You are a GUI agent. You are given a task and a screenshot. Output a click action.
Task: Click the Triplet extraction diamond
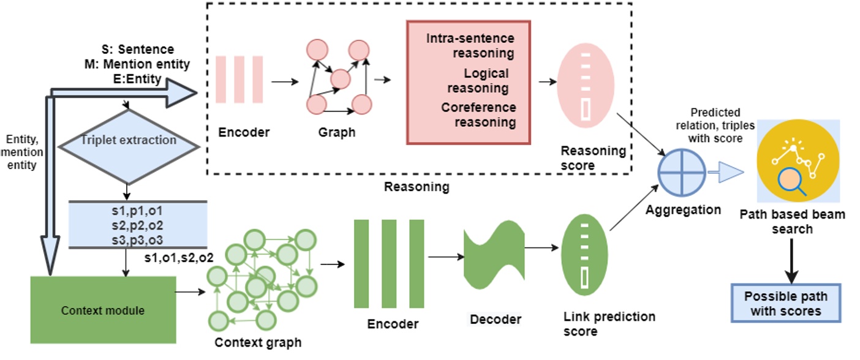tap(129, 146)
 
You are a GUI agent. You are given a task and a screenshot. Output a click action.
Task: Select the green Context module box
tap(103, 310)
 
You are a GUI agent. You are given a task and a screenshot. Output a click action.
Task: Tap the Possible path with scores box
tap(786, 303)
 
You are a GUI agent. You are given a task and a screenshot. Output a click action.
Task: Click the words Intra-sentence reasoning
tap(470, 45)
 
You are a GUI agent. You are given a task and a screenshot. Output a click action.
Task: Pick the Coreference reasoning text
tap(478, 114)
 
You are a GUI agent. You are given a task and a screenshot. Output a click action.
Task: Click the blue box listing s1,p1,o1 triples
tap(137, 224)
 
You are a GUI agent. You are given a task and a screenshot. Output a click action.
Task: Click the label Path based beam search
tap(792, 222)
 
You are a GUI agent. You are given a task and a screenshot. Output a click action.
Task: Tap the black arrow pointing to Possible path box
tap(791, 260)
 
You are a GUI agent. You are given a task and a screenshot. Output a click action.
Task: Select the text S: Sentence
tap(137, 49)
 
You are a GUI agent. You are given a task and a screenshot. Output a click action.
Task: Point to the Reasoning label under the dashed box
tap(417, 186)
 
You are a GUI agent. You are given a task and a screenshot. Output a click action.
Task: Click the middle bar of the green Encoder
tap(389, 263)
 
